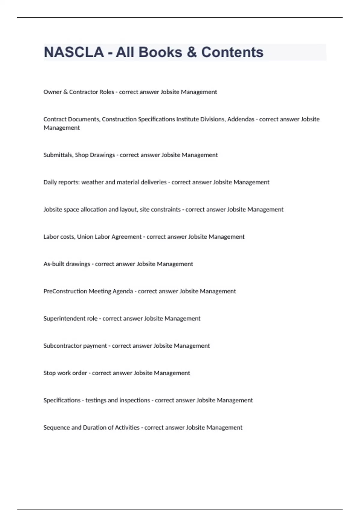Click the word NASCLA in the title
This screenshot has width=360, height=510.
74,52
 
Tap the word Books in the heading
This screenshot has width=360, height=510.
160,52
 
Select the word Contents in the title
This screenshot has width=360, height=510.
232,52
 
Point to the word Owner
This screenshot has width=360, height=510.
52,92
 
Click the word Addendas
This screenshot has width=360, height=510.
241,119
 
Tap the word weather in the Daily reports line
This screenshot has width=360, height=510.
92,182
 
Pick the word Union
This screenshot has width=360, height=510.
85,237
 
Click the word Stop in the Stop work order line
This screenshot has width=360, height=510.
49,373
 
